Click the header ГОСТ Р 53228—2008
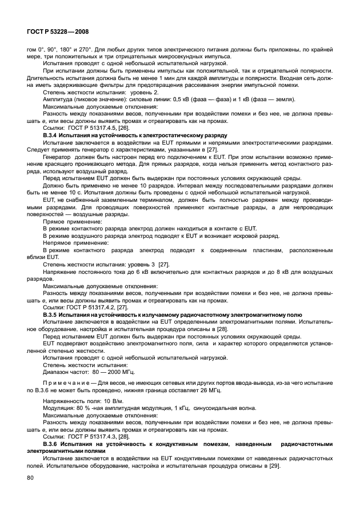pos(56,31)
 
